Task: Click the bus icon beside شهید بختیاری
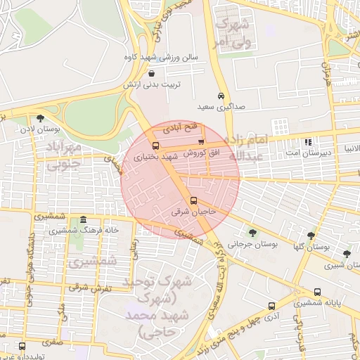tap(155, 147)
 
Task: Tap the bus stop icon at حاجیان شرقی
tap(194, 201)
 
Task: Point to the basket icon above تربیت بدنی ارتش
tap(152, 73)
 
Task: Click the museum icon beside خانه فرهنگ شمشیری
tap(84, 220)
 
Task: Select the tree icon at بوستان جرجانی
tap(252, 233)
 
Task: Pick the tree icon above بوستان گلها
tap(311, 236)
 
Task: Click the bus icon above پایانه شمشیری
tap(317, 292)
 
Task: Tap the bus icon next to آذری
tap(271, 307)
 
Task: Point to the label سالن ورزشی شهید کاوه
tap(161, 56)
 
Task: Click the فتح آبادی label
tap(182, 129)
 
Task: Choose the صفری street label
tap(51, 344)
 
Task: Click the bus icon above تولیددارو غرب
tap(21, 347)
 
